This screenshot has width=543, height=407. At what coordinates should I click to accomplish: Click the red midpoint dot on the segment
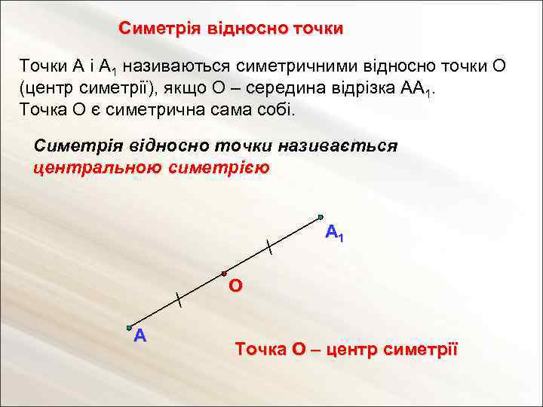(x=224, y=272)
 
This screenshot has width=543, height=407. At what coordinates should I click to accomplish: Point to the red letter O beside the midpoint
(x=235, y=286)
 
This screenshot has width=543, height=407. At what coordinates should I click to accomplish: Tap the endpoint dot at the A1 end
(x=320, y=216)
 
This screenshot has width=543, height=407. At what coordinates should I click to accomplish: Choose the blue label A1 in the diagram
(x=334, y=234)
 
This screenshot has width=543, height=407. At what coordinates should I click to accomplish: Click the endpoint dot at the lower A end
(x=129, y=327)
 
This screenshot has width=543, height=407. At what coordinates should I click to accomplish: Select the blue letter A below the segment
(x=139, y=336)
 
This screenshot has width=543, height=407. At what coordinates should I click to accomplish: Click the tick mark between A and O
(x=178, y=299)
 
